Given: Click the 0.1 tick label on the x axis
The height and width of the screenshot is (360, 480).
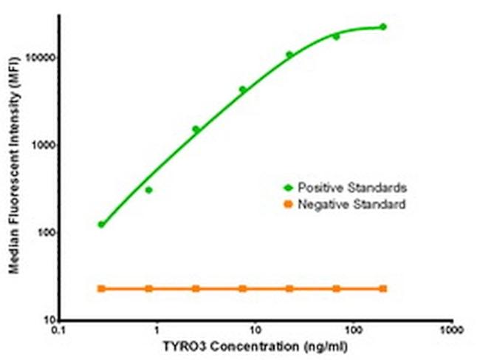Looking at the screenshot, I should (60, 331).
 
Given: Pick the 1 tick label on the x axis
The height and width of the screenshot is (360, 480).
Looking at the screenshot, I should (157, 331).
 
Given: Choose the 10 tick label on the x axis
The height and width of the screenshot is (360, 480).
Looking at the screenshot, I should (255, 331).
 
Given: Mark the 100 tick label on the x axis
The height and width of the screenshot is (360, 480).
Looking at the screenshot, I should (353, 331).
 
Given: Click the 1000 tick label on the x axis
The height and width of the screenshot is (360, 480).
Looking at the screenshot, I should (450, 331).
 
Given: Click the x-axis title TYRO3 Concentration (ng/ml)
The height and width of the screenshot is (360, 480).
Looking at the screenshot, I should (256, 346).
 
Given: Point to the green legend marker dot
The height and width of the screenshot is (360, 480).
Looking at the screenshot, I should (289, 187).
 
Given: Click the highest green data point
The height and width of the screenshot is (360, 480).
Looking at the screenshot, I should (383, 27).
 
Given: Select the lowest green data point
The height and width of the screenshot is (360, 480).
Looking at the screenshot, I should (101, 224).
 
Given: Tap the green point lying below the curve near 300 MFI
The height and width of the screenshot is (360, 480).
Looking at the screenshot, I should (148, 190).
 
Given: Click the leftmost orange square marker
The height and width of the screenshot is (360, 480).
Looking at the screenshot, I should (101, 288).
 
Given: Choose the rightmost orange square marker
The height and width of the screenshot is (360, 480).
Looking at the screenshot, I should (383, 288).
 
